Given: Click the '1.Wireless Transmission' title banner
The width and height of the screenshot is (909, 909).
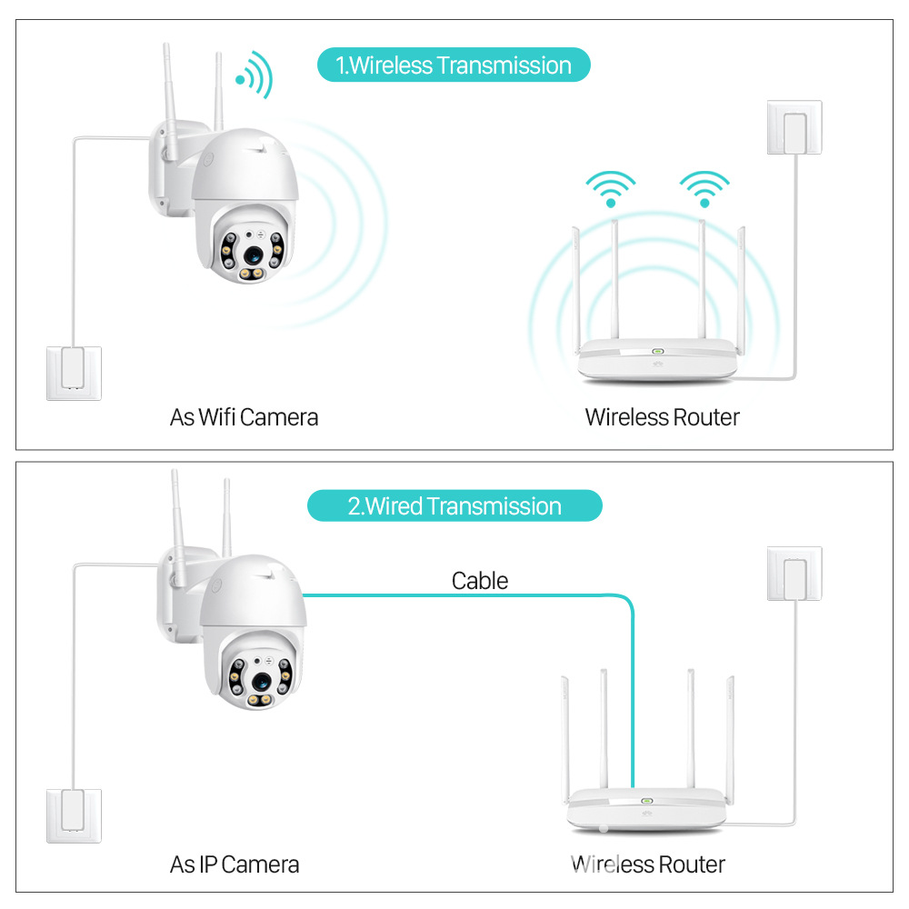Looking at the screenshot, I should pyautogui.click(x=454, y=65).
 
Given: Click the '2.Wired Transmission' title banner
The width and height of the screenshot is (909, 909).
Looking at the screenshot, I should pyautogui.click(x=454, y=506).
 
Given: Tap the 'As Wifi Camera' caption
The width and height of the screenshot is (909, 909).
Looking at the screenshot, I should pyautogui.click(x=244, y=417).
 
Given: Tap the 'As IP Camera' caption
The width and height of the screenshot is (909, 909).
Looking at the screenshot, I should pyautogui.click(x=235, y=864).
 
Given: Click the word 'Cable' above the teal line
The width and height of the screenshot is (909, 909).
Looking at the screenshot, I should pyautogui.click(x=480, y=580).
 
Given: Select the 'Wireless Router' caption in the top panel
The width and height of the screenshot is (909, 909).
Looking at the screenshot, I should pyautogui.click(x=662, y=417).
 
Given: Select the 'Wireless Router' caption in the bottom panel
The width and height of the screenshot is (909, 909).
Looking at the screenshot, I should pyautogui.click(x=648, y=864).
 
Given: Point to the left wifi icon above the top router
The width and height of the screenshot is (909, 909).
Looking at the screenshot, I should pyautogui.click(x=610, y=188).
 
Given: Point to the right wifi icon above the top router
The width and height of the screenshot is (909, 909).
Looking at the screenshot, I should pyautogui.click(x=704, y=188).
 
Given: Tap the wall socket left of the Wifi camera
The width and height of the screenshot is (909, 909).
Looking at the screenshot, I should pyautogui.click(x=74, y=373).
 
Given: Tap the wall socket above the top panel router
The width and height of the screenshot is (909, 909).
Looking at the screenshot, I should pyautogui.click(x=794, y=127).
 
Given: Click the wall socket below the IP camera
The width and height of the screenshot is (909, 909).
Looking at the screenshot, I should pyautogui.click(x=74, y=815).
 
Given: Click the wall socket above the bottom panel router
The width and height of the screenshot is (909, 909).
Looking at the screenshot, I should pyautogui.click(x=794, y=573).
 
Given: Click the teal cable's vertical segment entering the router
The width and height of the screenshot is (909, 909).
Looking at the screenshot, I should pyautogui.click(x=632, y=700).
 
